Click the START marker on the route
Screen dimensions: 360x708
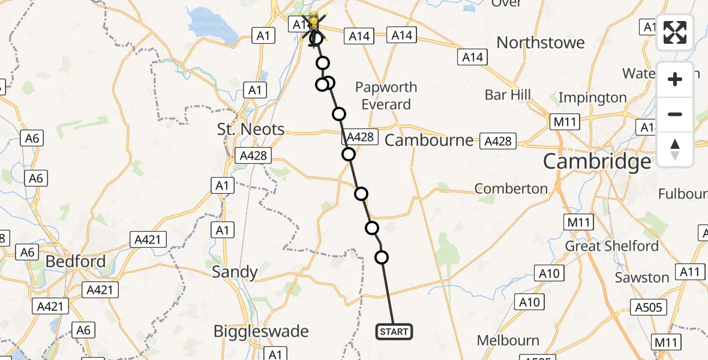point(394,331)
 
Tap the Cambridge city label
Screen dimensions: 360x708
point(596,161)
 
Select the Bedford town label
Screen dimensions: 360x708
point(76,262)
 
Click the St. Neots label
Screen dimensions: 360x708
point(251,129)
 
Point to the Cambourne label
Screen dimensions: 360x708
point(428,140)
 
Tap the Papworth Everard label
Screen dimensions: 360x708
point(386,96)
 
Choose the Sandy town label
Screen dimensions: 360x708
point(235,272)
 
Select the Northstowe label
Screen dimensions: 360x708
point(540,43)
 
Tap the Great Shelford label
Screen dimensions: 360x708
point(612,246)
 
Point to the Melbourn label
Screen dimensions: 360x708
point(508,341)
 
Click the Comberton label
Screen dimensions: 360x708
point(511,188)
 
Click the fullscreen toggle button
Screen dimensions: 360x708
point(675,32)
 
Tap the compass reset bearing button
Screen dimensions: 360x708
point(675,149)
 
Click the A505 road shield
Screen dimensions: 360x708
point(649,307)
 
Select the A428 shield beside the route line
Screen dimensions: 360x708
point(360,137)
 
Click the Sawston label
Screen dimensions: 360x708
point(641,278)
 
